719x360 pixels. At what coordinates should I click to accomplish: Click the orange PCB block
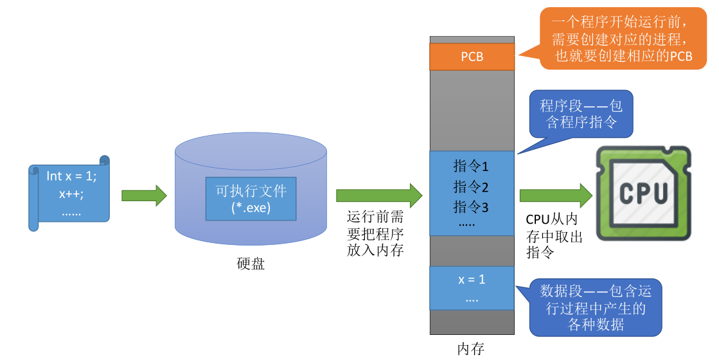(x=472, y=57)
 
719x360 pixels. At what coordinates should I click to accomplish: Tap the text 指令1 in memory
(x=471, y=166)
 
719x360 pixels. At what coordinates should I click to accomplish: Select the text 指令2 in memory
(x=471, y=186)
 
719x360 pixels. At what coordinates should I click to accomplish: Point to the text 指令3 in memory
(x=471, y=207)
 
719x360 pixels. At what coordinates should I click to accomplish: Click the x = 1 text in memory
(x=472, y=279)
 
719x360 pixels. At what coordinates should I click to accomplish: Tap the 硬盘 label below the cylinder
(x=251, y=264)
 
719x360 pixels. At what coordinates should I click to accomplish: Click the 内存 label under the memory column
(x=471, y=349)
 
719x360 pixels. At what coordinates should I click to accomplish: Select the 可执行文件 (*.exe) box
(x=251, y=199)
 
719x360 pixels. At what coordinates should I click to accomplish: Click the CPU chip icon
(x=643, y=193)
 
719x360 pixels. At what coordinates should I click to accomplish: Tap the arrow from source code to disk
(x=144, y=196)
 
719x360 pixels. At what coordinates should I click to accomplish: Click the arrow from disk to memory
(x=379, y=195)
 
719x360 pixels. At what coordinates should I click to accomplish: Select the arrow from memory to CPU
(x=556, y=195)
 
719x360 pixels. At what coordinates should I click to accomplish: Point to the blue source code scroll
(x=69, y=193)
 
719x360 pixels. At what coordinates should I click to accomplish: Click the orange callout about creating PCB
(x=623, y=39)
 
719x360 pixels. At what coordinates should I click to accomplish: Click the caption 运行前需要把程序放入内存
(x=375, y=233)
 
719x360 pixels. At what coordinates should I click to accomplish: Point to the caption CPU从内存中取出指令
(x=554, y=236)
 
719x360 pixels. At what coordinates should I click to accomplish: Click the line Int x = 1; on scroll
(x=71, y=176)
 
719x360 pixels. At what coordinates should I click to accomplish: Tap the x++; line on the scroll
(x=71, y=194)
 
